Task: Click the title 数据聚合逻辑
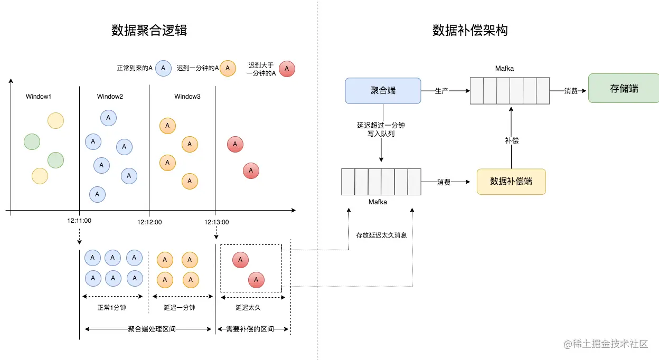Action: pos(149,31)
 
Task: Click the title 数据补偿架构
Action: pos(470,31)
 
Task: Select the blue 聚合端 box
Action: pos(383,90)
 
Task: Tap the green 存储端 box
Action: pos(624,89)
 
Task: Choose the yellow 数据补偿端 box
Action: pos(511,182)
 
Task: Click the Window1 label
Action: pos(39,97)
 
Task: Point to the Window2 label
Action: pos(110,97)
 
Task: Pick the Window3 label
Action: pos(187,97)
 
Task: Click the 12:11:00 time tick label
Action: pos(79,221)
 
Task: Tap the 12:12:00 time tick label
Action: pos(149,222)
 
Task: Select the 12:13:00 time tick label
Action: pos(216,222)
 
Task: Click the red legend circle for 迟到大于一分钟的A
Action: pos(287,69)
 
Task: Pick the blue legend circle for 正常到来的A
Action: pos(163,68)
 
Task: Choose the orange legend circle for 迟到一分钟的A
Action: pos(228,68)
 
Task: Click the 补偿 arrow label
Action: pos(511,140)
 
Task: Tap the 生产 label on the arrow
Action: pos(441,91)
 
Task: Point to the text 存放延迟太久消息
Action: pos(381,235)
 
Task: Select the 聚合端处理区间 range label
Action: pos(152,329)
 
